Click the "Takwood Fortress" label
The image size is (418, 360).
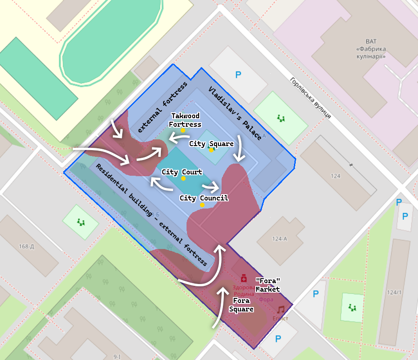tap(186, 120)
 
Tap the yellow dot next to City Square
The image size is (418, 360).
tap(211, 150)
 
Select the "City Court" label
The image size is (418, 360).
tap(182, 172)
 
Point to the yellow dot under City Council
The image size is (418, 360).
tap(202, 205)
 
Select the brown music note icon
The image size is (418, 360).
tap(281, 309)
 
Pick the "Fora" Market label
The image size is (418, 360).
tap(268, 285)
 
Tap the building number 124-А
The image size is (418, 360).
tap(279, 239)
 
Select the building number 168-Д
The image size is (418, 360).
tap(27, 246)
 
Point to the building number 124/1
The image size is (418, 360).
tap(394, 292)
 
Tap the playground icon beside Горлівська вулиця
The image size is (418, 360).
tap(281, 118)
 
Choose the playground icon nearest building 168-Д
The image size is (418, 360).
tap(80, 222)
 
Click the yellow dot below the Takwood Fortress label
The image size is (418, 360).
tap(183, 130)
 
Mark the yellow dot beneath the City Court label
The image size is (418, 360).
tap(183, 178)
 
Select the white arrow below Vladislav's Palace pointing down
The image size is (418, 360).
tap(240, 148)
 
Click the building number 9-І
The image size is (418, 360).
tap(116, 357)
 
